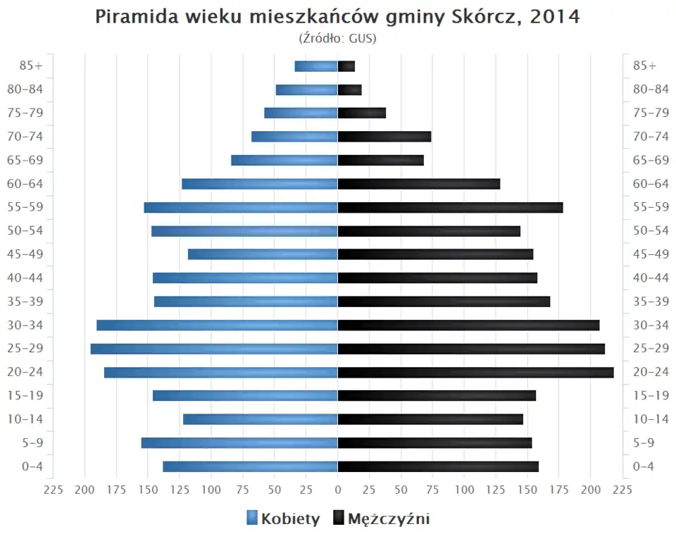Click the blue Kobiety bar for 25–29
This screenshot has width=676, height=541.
214,349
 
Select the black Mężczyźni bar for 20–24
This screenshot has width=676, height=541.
475,372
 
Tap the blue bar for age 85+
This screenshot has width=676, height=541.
316,66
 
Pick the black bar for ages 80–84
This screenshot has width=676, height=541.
350,89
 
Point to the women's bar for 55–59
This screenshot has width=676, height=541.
241,207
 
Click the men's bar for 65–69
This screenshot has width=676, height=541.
381,160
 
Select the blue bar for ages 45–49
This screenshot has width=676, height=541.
263,254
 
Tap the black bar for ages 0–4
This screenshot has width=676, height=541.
438,466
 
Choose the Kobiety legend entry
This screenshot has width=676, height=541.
283,519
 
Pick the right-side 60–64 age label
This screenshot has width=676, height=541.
651,184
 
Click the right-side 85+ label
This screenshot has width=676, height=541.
644,66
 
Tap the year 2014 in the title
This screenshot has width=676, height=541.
556,17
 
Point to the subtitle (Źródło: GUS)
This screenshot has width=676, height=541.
338,38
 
